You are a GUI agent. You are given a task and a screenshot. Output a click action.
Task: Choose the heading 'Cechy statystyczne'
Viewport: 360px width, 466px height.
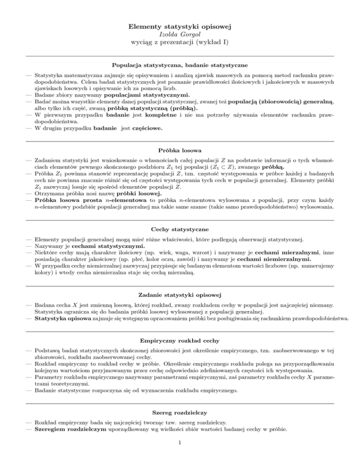point(180,229)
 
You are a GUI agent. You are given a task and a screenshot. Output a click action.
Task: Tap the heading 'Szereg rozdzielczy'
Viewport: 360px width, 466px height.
point(180,426)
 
